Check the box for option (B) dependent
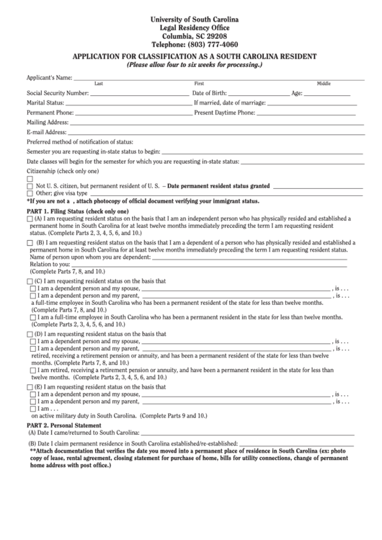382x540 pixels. [30, 244]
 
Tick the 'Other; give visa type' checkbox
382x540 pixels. [30, 193]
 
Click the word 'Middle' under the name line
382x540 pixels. [324, 84]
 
